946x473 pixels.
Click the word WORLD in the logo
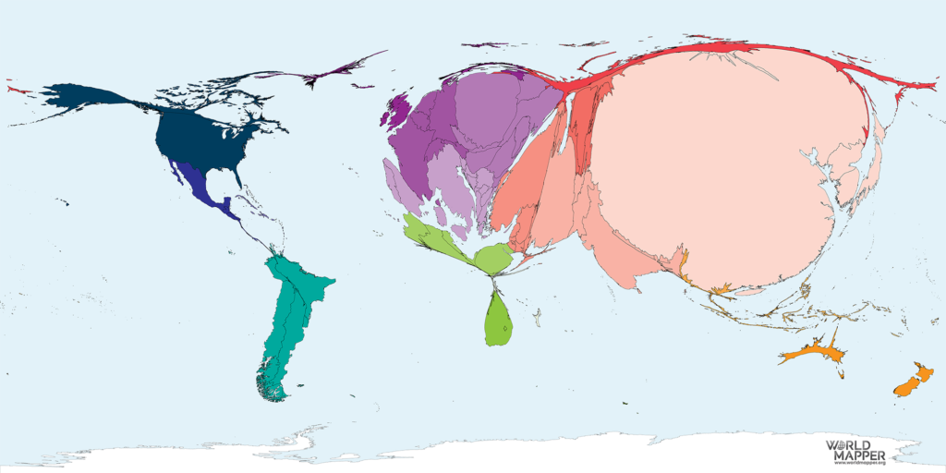click(x=855, y=444)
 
